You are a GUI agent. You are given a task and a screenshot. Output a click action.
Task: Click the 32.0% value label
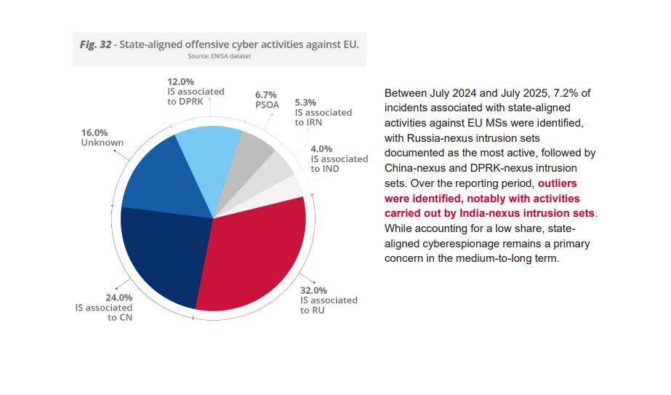(313, 290)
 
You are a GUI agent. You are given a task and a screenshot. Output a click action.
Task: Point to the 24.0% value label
(119, 298)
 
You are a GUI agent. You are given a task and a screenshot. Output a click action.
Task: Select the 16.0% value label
(95, 133)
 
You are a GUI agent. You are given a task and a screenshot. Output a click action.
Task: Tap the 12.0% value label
(180, 81)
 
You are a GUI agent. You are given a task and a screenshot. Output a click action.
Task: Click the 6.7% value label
(266, 95)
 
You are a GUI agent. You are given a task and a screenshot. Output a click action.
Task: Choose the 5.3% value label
(305, 103)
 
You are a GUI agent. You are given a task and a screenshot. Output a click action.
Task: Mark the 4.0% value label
(321, 148)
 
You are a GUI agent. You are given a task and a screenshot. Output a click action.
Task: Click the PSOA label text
(267, 105)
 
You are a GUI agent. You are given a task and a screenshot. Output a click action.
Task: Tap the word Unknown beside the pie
(103, 143)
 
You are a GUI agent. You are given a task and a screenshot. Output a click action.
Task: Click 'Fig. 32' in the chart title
(95, 44)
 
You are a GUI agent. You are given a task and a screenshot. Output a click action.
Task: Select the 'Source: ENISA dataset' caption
(219, 56)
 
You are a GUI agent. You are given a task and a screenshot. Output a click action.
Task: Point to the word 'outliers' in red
(557, 183)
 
